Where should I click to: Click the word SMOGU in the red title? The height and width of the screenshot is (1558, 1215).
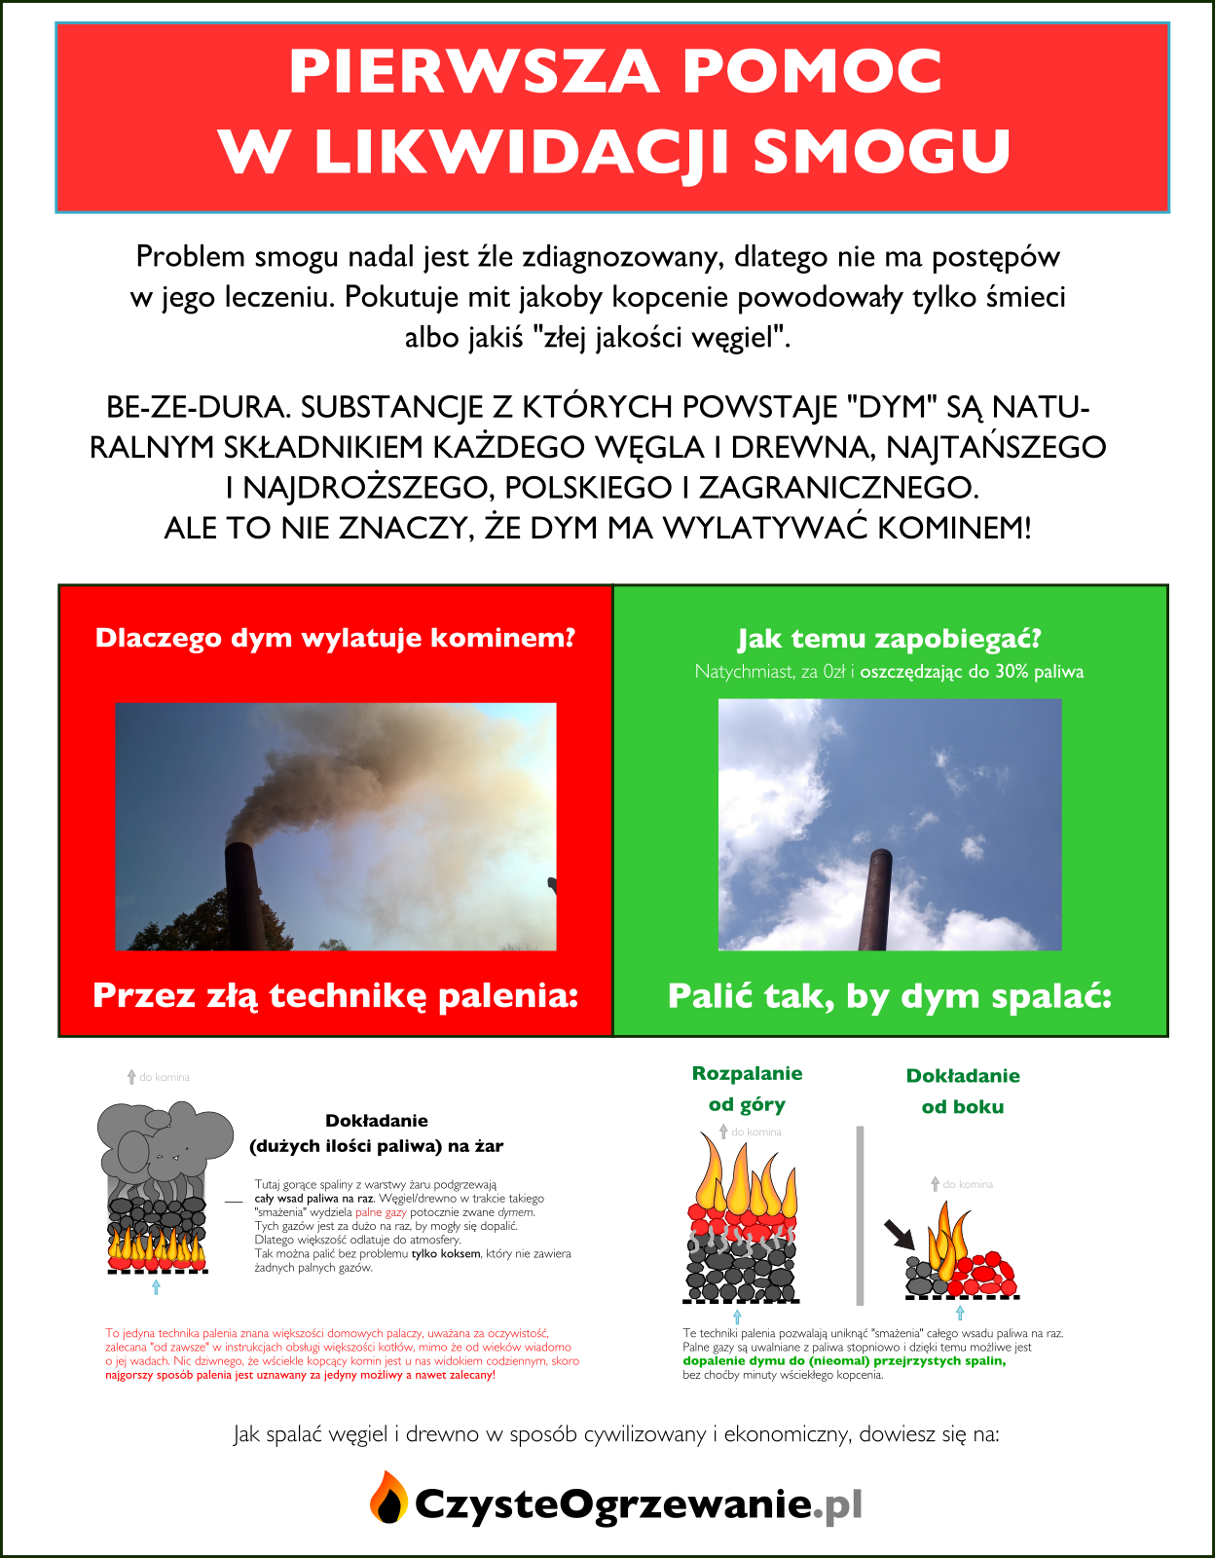click(x=882, y=151)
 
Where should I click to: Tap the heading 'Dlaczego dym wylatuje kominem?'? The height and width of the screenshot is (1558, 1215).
click(x=335, y=638)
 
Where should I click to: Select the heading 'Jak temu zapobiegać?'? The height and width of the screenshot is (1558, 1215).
click(x=889, y=639)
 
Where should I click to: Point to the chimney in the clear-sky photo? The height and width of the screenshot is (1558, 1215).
click(x=874, y=900)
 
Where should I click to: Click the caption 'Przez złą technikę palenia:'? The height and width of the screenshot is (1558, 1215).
click(x=335, y=995)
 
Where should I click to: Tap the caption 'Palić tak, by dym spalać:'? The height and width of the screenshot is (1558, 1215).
click(x=889, y=996)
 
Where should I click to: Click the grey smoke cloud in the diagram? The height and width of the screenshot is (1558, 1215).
click(x=164, y=1139)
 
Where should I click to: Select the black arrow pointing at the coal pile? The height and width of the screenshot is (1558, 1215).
click(x=900, y=1234)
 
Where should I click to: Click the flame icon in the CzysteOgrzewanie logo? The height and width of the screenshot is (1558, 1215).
click(x=388, y=1498)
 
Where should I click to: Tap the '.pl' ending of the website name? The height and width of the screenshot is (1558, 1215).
click(x=838, y=1505)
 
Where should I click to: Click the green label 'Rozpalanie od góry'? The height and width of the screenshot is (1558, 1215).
click(x=747, y=1089)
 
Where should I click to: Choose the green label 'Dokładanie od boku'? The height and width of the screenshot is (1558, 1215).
click(x=963, y=1091)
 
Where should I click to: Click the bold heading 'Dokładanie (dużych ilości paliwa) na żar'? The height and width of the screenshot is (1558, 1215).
click(x=377, y=1133)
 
